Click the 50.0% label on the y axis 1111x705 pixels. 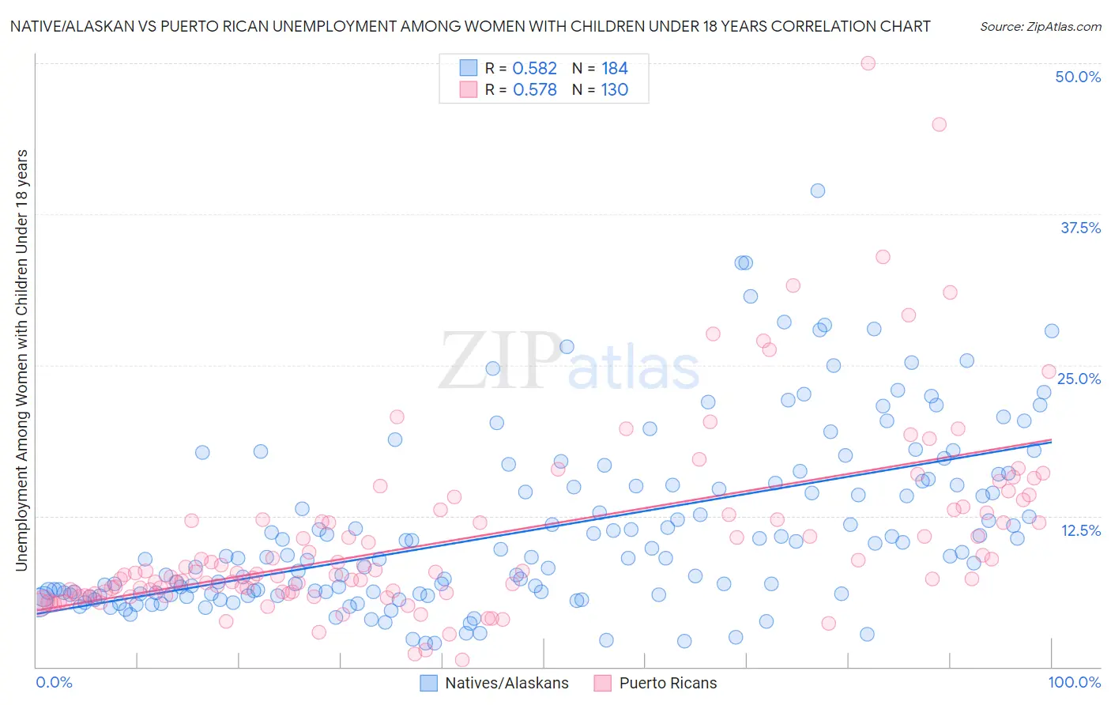[1078, 77]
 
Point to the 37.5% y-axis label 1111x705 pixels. [1080, 228]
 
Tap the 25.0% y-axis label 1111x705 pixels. [1079, 379]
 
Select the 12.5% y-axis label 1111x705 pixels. [1080, 530]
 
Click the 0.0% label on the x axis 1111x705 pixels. [55, 682]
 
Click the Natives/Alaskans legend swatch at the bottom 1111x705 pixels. [429, 683]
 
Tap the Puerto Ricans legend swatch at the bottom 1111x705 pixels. [603, 683]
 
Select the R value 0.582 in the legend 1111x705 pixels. [535, 68]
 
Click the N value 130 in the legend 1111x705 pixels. [614, 89]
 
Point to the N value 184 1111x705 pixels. [614, 68]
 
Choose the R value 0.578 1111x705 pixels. [535, 89]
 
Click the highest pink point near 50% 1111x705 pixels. [868, 63]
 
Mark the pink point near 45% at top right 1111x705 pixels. [939, 124]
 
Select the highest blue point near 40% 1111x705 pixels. [818, 190]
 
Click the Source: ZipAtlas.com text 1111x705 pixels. [1041, 26]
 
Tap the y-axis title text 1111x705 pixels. [21, 360]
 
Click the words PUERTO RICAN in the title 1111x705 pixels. [213, 26]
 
